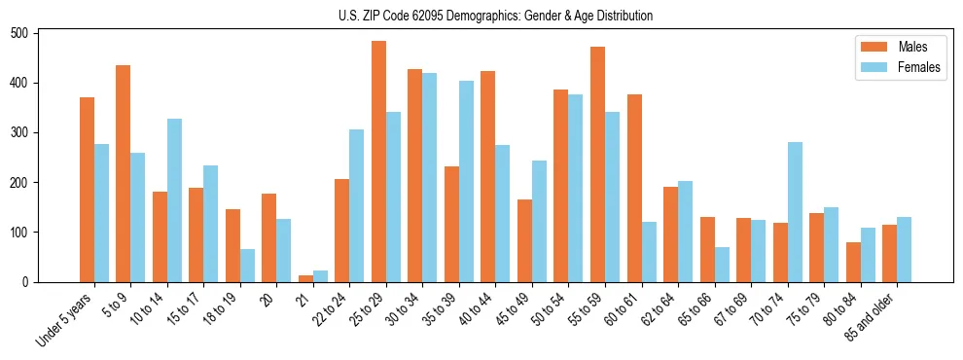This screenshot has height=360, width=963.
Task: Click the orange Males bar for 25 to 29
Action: click(378, 162)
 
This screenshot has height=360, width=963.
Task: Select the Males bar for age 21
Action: click(305, 278)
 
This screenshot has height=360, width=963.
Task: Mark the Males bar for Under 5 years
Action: click(87, 190)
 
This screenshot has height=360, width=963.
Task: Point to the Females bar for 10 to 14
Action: click(174, 200)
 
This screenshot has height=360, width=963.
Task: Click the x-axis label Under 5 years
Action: click(66, 319)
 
